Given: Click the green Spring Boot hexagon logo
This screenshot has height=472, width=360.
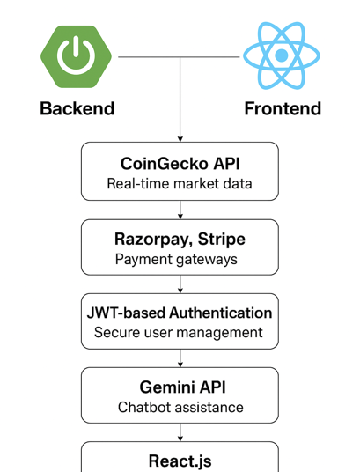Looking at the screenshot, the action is pos(77,56).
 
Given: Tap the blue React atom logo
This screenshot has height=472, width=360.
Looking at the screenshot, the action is pos(282,55).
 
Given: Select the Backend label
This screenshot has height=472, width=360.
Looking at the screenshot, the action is pos(77,108).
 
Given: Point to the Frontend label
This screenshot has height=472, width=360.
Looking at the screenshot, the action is pos(283,108).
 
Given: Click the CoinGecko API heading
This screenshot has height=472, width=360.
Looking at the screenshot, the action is pos(180,164).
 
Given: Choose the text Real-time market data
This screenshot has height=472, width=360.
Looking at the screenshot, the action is pos(180,184).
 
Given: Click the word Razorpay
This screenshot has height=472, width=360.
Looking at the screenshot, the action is pos(153,240).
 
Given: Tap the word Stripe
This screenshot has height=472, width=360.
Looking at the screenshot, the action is pos(222,240).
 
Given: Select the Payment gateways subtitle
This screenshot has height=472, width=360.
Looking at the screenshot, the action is pos(176,260).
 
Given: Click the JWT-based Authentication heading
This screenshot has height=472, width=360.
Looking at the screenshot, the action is pos(180,313).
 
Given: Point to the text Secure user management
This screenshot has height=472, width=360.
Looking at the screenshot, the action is pos(178,333).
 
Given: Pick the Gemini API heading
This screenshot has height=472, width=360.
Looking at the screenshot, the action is pos(182,387).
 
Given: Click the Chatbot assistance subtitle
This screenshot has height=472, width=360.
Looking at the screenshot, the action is pos(180,408).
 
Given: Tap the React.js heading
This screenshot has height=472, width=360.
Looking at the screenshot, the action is pos(180,461).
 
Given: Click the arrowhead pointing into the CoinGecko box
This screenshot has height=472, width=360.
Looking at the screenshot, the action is pos(180,139).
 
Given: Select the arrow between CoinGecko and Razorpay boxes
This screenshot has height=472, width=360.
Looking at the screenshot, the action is pos(180,210).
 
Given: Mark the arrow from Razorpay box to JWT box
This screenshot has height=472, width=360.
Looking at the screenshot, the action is pos(180,284).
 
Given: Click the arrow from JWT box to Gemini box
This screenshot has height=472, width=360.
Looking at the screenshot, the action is pos(180,358).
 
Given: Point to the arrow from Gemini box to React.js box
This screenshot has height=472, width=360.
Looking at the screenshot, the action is pos(180,432).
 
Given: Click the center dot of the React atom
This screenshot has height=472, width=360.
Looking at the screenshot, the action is pos(282,55).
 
